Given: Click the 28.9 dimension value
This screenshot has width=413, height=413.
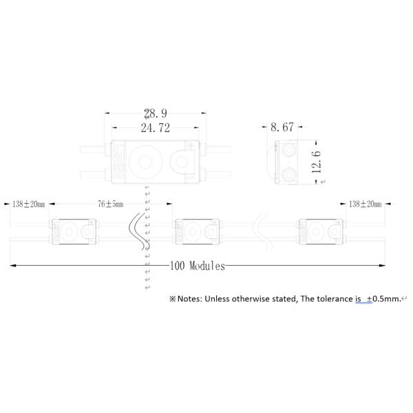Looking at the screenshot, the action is click(x=156, y=114).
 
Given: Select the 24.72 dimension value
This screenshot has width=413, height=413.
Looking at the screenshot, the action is click(x=156, y=128).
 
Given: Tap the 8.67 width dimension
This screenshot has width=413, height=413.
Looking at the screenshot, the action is click(x=282, y=127).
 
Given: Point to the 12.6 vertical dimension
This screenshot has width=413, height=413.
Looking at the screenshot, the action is click(x=316, y=162).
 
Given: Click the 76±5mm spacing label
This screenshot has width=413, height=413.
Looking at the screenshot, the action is click(x=111, y=204).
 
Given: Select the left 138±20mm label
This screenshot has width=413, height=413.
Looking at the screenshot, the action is click(x=29, y=204).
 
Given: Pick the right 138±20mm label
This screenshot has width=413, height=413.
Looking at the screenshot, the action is click(x=365, y=204).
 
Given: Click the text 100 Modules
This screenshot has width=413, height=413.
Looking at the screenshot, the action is click(x=198, y=266).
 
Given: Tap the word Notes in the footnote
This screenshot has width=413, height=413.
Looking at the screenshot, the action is click(x=189, y=299).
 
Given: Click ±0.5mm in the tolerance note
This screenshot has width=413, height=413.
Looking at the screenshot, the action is click(x=383, y=299).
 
